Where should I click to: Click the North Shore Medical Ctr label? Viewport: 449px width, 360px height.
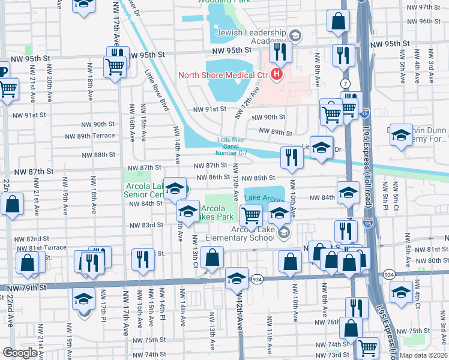click(223, 75)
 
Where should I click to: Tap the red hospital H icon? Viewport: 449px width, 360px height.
click(276, 74)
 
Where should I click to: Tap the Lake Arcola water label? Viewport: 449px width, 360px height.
click(264, 198)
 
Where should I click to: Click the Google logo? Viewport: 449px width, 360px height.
click(20, 353)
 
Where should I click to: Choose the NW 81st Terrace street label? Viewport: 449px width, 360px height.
click(41, 248)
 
